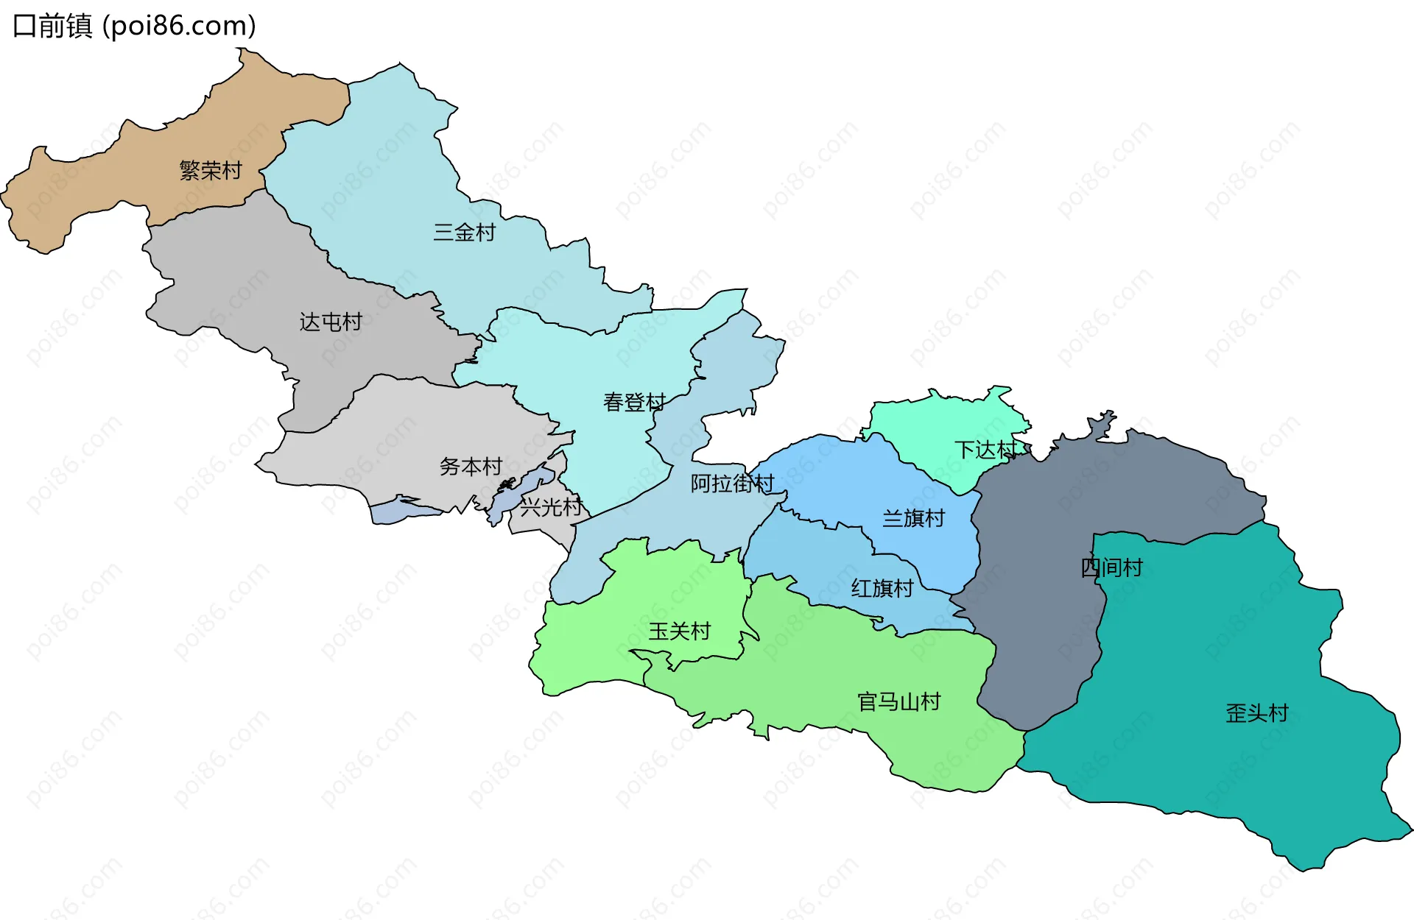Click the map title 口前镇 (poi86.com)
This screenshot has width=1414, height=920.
pos(135,26)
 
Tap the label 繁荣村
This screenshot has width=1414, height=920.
pos(211,171)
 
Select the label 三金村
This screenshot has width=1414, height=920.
pos(465,233)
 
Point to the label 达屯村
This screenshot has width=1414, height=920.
pos(331,322)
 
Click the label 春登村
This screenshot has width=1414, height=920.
pos(634,402)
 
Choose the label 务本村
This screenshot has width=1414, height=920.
pos(471,467)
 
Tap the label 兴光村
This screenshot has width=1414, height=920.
pos(551,507)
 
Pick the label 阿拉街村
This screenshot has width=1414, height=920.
pos(732,484)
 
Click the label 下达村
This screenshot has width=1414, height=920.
pos(985,450)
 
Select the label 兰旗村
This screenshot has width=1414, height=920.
pos(913,519)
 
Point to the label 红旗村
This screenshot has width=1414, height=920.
pos(882,588)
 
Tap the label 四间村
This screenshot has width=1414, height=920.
pos(1111,567)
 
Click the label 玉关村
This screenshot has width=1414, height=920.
pos(679,631)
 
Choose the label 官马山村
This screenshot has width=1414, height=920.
pos(898,702)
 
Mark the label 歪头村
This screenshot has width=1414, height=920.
pos(1256,713)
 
